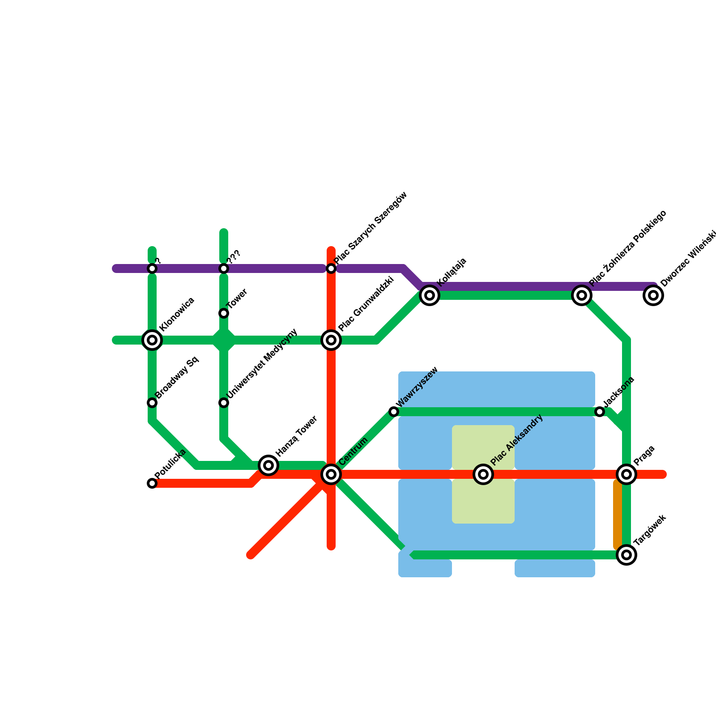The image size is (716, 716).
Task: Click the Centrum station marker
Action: click(331, 474)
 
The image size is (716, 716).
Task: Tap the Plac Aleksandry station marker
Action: click(483, 474)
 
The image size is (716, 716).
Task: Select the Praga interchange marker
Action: click(626, 474)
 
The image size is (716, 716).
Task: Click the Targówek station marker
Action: click(626, 555)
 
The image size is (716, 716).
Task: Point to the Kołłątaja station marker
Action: click(430, 295)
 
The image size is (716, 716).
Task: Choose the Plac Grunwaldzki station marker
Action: click(331, 340)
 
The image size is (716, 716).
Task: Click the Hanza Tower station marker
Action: click(268, 465)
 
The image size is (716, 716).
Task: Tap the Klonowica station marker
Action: click(152, 340)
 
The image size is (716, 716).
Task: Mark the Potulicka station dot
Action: click(152, 483)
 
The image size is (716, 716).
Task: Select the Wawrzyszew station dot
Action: click(394, 412)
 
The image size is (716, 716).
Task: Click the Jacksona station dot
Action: click(600, 412)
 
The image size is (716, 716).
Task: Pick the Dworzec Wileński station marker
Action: click(653, 295)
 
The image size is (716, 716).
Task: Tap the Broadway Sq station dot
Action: click(152, 403)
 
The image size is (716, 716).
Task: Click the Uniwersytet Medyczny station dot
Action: click(224, 403)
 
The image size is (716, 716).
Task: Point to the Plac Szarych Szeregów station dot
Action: click(331, 268)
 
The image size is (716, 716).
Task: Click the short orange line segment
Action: click(618, 515)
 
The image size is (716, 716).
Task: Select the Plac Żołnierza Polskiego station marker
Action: click(582, 295)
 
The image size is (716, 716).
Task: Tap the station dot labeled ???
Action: click(224, 268)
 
